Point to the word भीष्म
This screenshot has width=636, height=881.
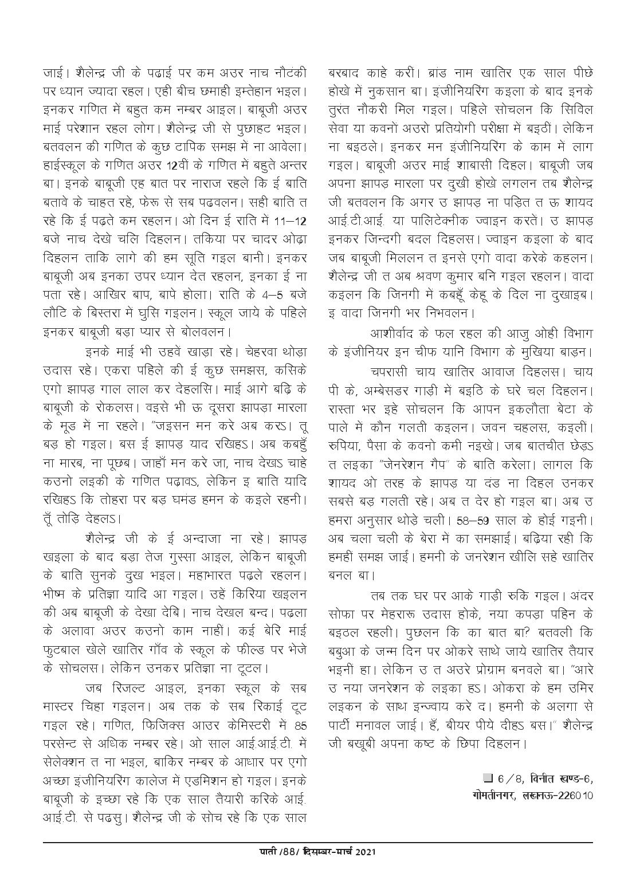(x=57, y=593)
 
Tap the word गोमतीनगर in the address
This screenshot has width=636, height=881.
(x=484, y=796)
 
